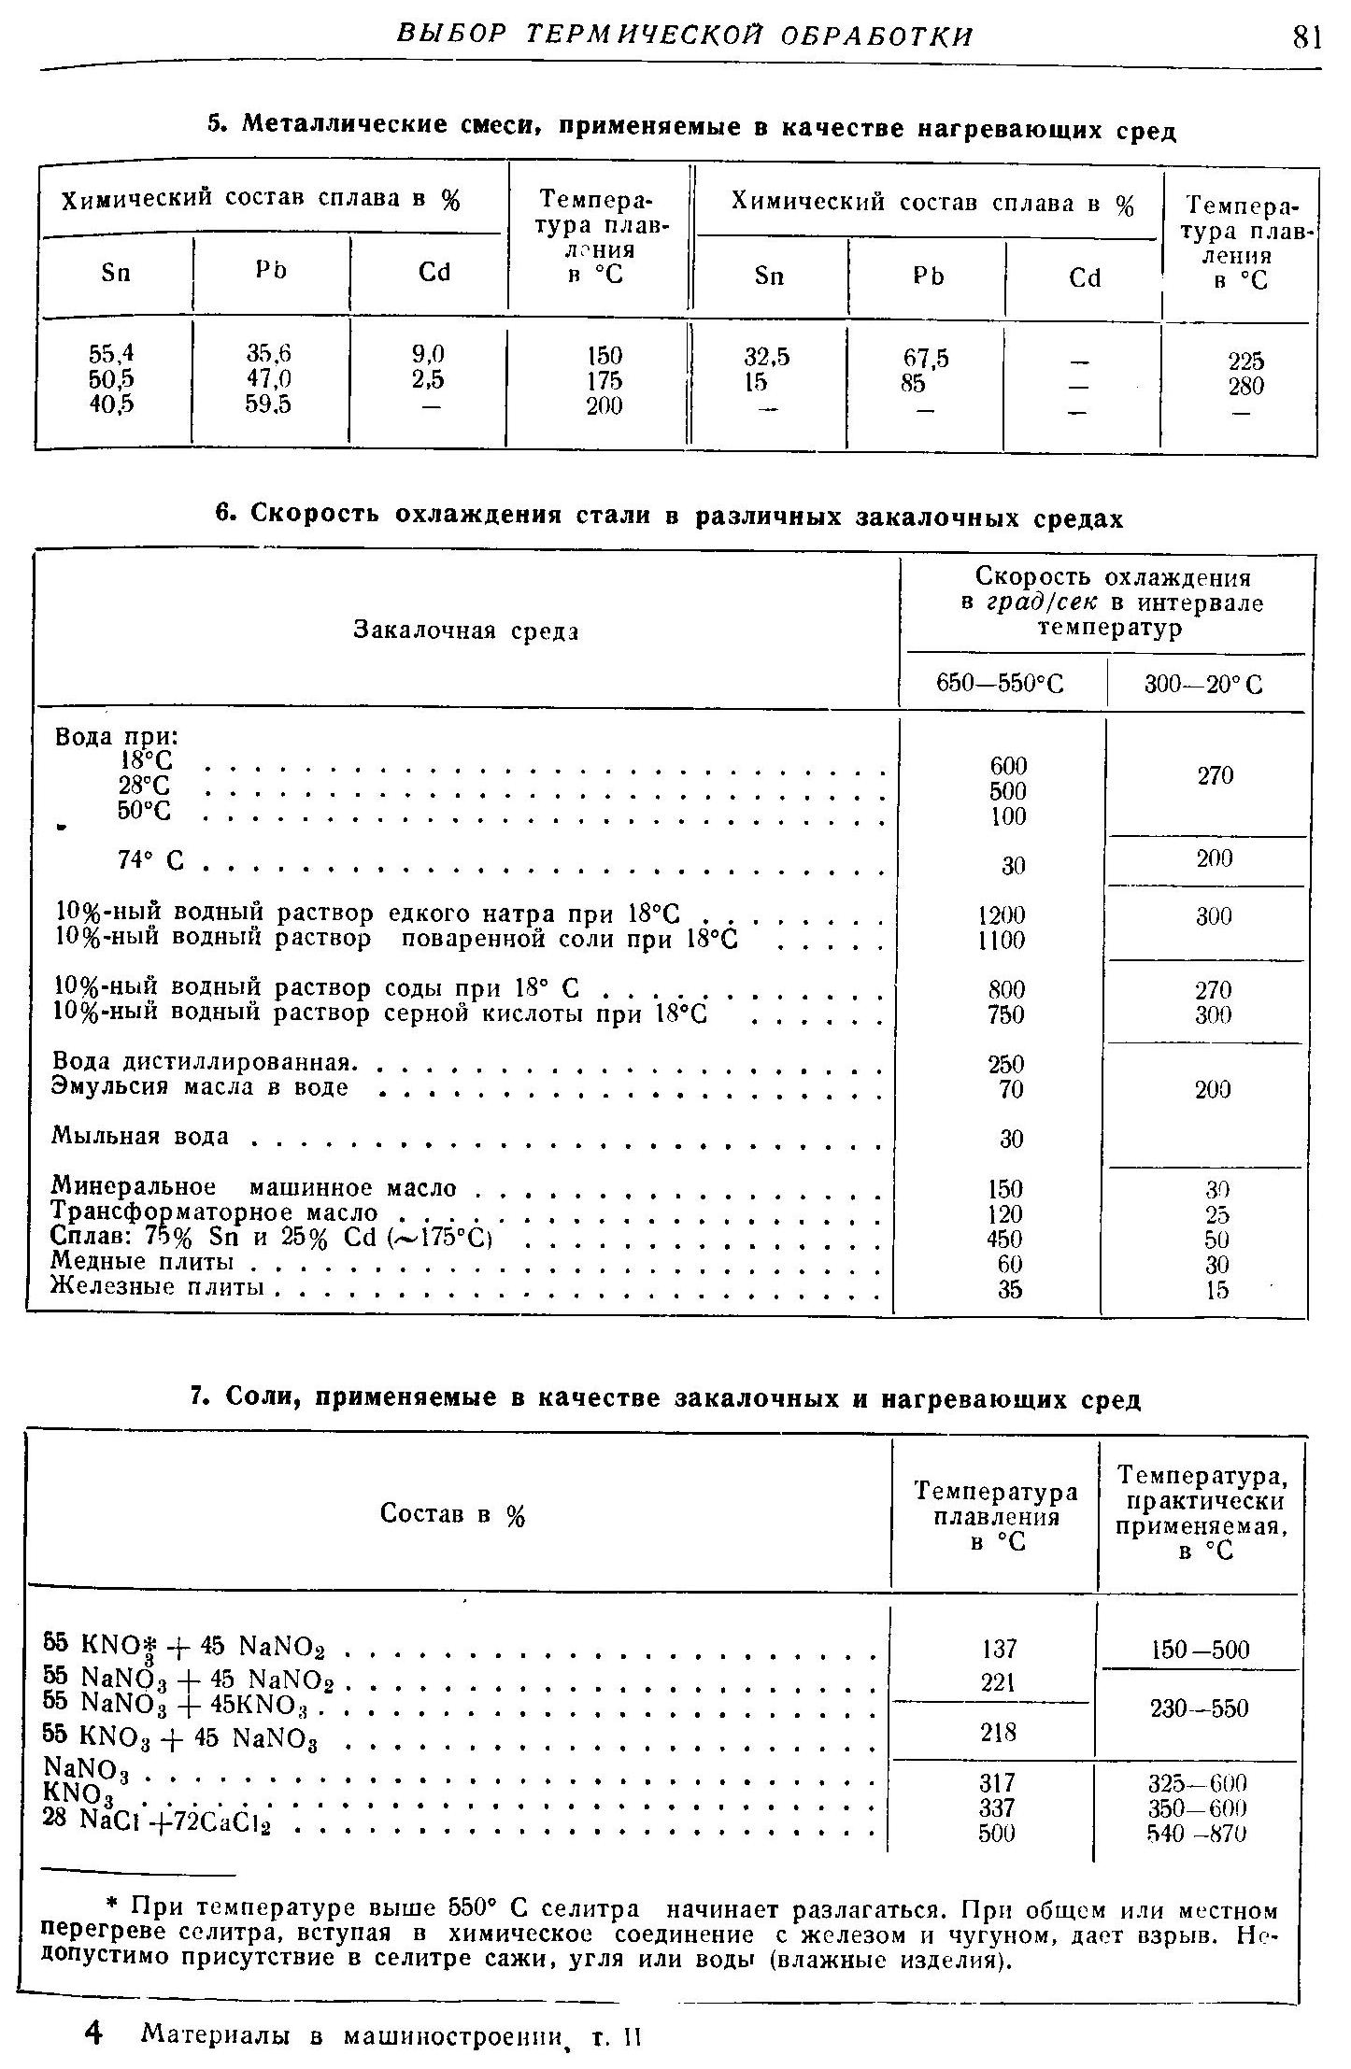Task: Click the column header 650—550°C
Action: pyautogui.click(x=1000, y=686)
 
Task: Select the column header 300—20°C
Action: pyautogui.click(x=1203, y=686)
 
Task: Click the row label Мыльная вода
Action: pyautogui.click(x=140, y=1136)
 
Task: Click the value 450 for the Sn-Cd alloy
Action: pyautogui.click(x=1004, y=1239)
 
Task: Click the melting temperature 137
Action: pyautogui.click(x=998, y=1649)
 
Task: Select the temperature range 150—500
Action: pyautogui.click(x=1200, y=1650)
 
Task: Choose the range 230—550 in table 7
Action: pyautogui.click(x=1200, y=1708)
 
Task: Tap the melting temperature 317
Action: pyautogui.click(x=997, y=1783)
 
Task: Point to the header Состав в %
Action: pyautogui.click(x=452, y=1514)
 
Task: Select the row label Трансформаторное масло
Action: pyautogui.click(x=214, y=1212)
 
